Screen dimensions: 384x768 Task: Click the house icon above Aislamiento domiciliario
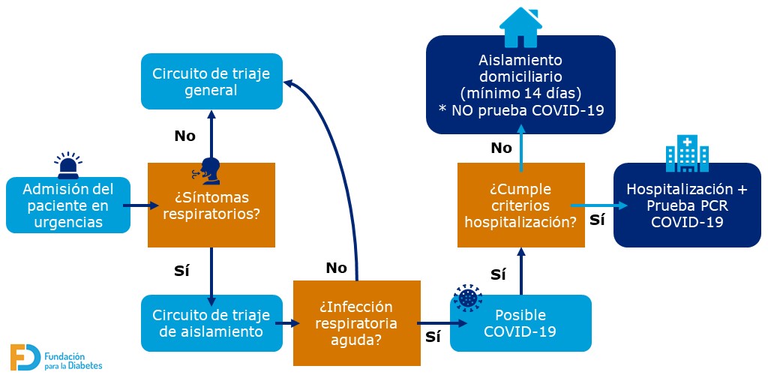(520, 27)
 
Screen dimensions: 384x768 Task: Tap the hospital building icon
(687, 154)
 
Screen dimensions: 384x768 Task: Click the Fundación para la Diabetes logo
(56, 357)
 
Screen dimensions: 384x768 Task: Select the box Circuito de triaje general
(211, 82)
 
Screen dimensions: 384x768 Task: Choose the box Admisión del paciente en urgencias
(67, 205)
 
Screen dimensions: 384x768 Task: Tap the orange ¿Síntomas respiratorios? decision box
(211, 205)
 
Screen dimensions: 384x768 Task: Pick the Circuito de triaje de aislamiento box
(211, 322)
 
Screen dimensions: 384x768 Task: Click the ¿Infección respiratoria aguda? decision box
(355, 323)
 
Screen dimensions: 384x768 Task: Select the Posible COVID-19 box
(520, 323)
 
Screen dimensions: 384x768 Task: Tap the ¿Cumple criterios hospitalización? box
(520, 205)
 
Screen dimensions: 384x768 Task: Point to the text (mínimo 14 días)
(520, 94)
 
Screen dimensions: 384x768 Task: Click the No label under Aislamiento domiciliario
(501, 148)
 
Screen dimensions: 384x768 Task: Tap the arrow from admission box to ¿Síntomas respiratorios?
(139, 205)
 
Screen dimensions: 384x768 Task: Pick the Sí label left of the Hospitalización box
(597, 220)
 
